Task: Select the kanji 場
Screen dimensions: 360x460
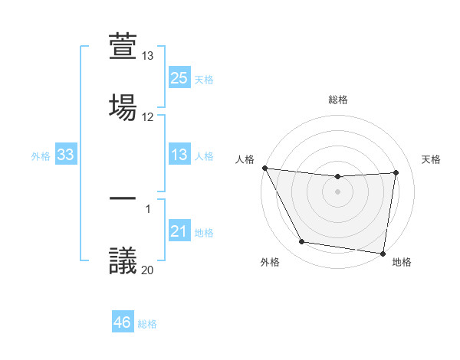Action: click(x=123, y=105)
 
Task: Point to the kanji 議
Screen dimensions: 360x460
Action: click(x=123, y=258)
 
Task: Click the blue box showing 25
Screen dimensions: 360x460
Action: click(x=179, y=78)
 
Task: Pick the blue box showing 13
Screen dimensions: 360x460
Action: click(x=179, y=155)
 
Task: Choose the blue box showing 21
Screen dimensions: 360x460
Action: click(x=179, y=232)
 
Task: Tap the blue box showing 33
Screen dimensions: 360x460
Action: click(x=66, y=155)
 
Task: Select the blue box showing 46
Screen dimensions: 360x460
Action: click(x=123, y=322)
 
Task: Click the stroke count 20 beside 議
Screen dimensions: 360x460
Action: click(x=148, y=270)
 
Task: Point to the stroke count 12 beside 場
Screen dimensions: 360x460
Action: click(x=148, y=117)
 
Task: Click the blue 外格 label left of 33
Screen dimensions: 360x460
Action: click(x=41, y=156)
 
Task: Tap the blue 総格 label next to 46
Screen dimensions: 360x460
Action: click(x=147, y=323)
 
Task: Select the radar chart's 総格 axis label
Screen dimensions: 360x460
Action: click(x=338, y=100)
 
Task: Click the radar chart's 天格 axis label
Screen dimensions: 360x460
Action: click(x=431, y=159)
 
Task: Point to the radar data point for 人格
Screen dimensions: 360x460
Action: click(x=264, y=168)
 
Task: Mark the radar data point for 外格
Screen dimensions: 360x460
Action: click(x=301, y=243)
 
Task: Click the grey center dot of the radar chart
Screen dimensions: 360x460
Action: click(x=338, y=191)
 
